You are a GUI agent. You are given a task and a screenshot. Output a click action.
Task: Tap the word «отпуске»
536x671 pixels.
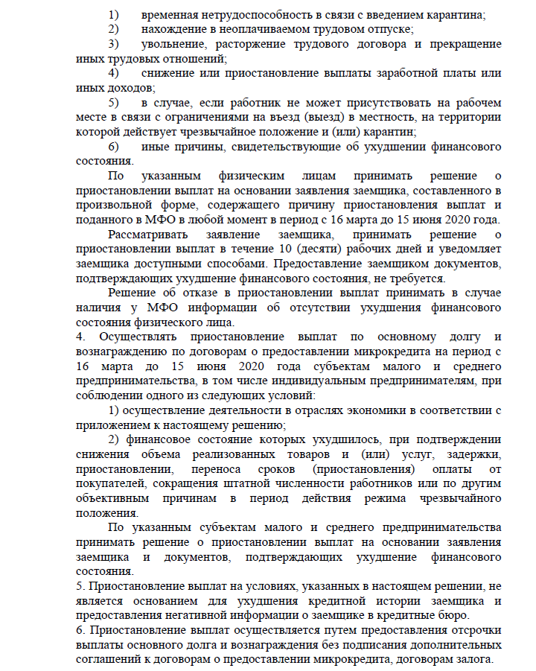click(392, 30)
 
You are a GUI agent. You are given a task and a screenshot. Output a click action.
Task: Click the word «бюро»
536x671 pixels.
click(457, 615)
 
